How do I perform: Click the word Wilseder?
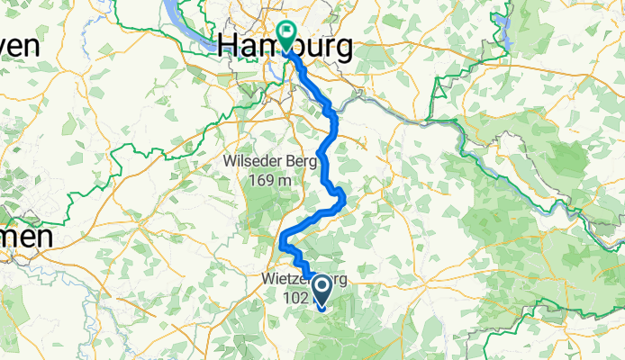coord(252,162)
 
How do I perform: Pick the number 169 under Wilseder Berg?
coord(260,180)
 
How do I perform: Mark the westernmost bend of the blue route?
coord(282,240)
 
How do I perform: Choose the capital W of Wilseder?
coord(230,162)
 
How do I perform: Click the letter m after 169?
coord(285,180)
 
